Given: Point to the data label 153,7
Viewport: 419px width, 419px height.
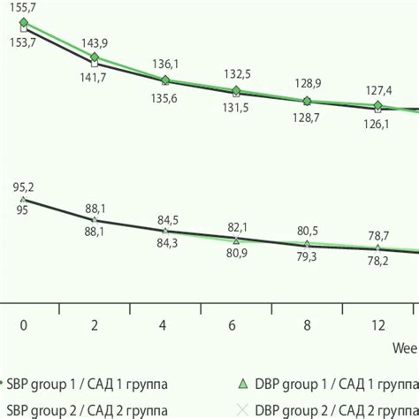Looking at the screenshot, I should click(24, 42).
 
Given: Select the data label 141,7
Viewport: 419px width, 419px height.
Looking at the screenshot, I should click(95, 78).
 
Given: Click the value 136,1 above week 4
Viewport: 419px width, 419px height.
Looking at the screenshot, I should click(165, 64).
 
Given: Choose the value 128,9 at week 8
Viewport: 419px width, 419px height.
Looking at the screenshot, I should click(307, 83).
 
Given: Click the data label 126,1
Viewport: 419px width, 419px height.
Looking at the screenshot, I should click(377, 124).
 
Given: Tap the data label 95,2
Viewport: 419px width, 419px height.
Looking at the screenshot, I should click(24, 187).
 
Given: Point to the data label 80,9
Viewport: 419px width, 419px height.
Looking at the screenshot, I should click(236, 254).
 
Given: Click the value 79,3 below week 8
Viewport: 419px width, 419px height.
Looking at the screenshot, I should click(307, 257).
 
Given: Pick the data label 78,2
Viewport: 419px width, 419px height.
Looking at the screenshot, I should click(377, 261).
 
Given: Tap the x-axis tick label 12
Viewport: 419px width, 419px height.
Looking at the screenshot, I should click(377, 325).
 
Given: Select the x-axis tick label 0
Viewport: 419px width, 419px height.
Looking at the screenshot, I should click(24, 325).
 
